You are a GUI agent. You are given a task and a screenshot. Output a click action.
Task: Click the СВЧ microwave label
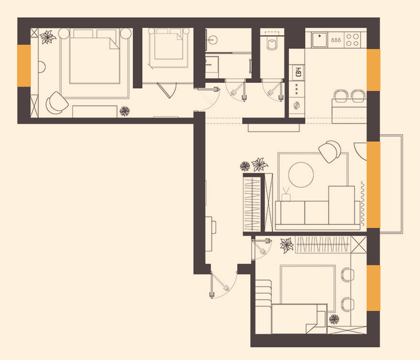(x=298, y=72)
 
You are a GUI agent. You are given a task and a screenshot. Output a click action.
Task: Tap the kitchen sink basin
(x=319, y=39)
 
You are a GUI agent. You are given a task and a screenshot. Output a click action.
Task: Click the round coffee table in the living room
(x=301, y=175)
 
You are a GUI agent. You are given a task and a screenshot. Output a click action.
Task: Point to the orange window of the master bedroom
(x=24, y=66)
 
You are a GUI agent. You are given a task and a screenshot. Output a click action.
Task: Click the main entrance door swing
(x=224, y=284)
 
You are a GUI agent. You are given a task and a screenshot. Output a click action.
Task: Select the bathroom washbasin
(x=212, y=39)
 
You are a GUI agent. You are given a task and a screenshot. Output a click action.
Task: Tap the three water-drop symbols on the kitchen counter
(x=336, y=40)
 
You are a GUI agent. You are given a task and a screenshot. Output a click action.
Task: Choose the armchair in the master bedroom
(x=56, y=103)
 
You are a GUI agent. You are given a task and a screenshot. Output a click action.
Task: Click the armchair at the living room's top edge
(x=330, y=151)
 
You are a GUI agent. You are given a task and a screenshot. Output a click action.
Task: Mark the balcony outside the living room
(x=391, y=184)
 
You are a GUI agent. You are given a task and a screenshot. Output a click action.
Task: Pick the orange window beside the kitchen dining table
(x=373, y=70)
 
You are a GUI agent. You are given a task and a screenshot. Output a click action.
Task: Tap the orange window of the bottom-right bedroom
(x=373, y=288)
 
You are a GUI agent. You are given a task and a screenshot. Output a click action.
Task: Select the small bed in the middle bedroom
(x=169, y=46)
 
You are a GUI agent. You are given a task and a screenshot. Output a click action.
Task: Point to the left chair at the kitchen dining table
(x=340, y=96)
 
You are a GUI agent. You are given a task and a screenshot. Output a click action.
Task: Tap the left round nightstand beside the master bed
(x=64, y=34)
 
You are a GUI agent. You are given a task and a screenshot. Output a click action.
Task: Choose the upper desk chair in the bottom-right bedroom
(x=347, y=274)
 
